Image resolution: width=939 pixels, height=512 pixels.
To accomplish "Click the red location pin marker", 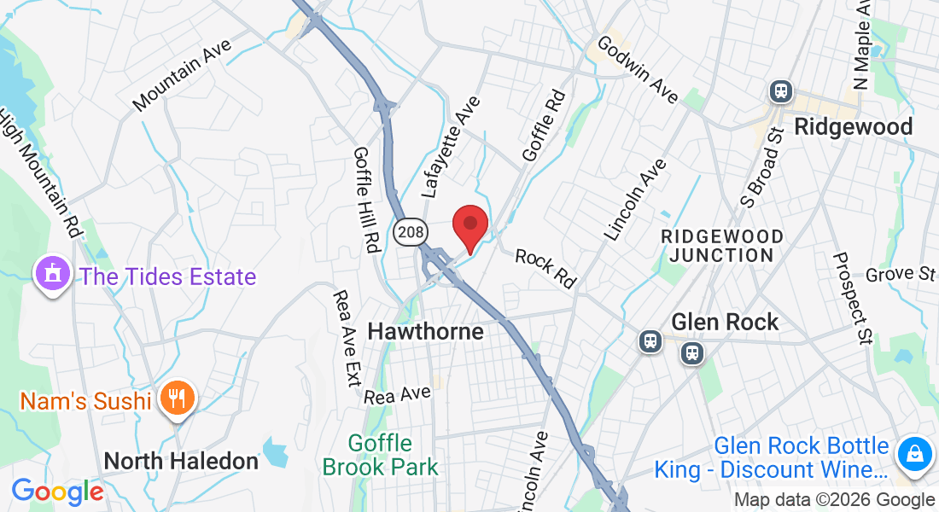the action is point(469,227).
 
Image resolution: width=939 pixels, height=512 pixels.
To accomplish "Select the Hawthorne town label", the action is point(425,331).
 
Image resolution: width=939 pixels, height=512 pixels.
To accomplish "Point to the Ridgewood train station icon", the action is point(780,91).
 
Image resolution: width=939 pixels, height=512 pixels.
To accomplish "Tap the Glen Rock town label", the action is point(725,322).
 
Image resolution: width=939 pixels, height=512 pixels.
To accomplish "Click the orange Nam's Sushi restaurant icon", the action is point(178,399).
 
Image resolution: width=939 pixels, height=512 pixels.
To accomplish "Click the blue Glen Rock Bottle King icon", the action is point(913,451).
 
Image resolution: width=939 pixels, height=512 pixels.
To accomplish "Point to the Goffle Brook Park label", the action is point(381,455).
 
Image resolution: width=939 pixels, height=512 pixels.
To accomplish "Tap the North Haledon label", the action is point(181,461).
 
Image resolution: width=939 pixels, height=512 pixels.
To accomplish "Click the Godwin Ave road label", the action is point(638,70).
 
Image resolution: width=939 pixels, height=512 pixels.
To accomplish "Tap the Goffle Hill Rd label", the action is point(365,198).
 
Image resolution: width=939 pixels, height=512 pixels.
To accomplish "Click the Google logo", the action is point(57,492).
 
